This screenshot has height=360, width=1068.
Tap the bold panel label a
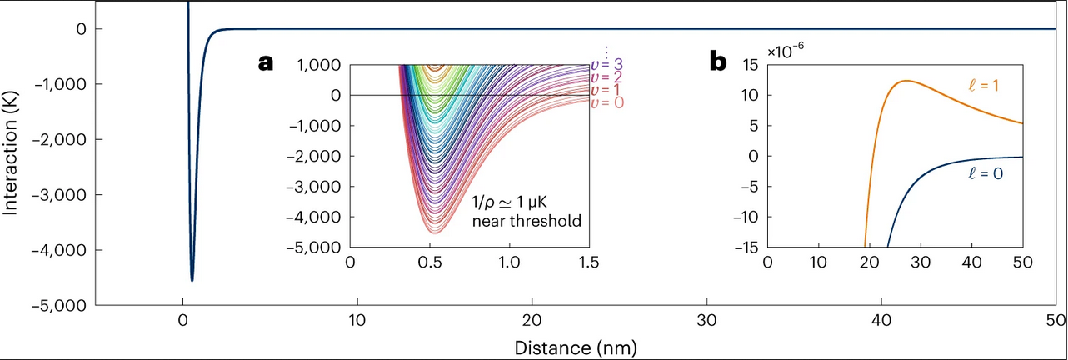[266, 62]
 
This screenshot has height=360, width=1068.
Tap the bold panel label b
[717, 62]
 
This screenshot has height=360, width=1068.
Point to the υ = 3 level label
[606, 64]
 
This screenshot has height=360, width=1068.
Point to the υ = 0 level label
[606, 102]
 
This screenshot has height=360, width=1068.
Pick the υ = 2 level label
[606, 77]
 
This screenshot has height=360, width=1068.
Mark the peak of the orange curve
[905, 81]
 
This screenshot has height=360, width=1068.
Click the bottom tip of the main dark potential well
[192, 280]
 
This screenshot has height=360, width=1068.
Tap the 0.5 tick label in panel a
[429, 262]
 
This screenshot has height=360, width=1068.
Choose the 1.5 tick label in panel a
[589, 262]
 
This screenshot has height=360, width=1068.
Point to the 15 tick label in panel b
[749, 65]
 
